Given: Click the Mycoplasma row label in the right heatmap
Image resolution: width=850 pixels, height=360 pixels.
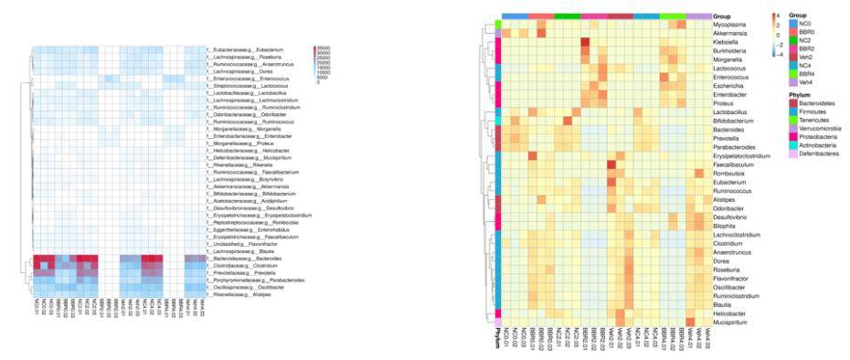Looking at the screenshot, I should (x=726, y=25).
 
